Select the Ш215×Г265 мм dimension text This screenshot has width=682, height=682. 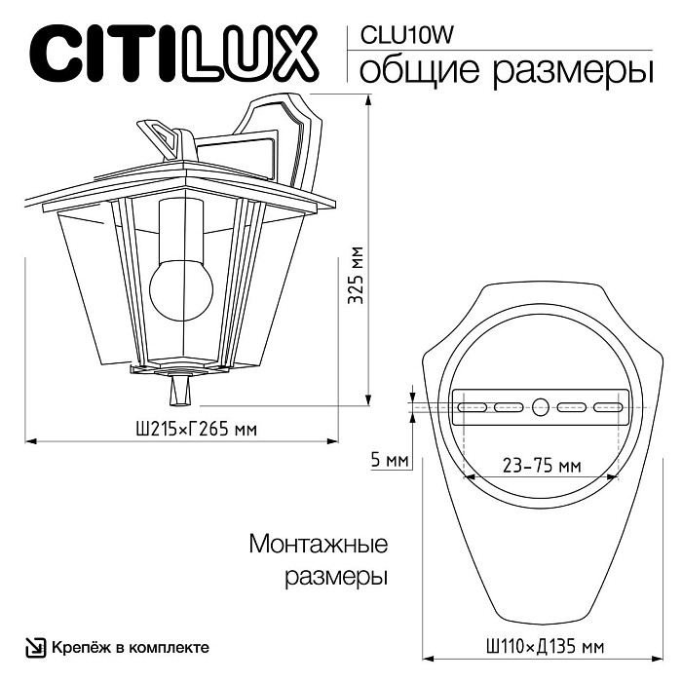tap(185, 429)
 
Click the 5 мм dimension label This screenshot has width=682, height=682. tap(390, 459)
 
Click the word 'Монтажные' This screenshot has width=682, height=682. tap(319, 543)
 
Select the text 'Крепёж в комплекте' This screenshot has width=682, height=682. tap(130, 647)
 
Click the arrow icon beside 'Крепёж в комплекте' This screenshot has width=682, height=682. tap(35, 647)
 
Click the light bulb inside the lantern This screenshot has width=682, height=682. tap(181, 283)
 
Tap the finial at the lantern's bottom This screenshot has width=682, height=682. tap(178, 389)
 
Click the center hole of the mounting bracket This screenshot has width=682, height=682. tap(541, 406)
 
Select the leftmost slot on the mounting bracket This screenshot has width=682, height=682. tap(474, 406)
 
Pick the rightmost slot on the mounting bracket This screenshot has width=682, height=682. tap(606, 406)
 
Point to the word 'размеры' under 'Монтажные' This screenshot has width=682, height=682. tap(337, 577)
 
